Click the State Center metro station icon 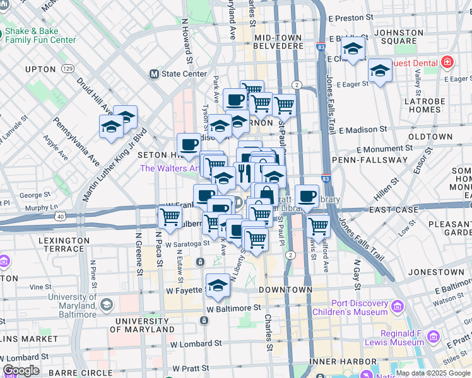coord(153,74)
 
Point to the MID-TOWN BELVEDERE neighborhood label coord(280,42)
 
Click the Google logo coord(21,370)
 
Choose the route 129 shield coord(68,68)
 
